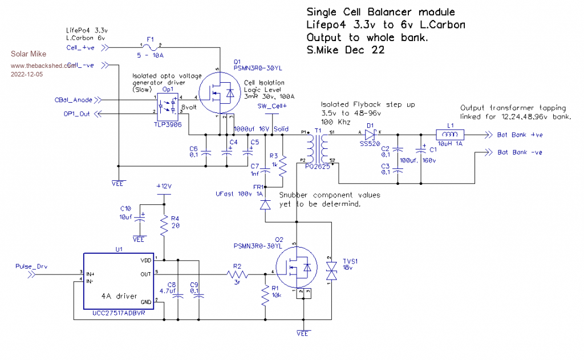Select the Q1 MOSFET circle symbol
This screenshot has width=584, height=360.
click(220, 92)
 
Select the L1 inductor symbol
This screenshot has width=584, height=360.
click(450, 135)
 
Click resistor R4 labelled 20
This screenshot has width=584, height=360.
click(164, 226)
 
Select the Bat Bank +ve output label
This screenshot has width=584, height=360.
click(519, 136)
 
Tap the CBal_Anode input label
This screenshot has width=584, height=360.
click(74, 100)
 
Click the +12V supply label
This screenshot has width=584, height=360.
click(164, 187)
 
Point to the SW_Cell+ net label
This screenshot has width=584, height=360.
click(272, 106)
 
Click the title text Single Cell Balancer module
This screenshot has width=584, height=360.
click(380, 13)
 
